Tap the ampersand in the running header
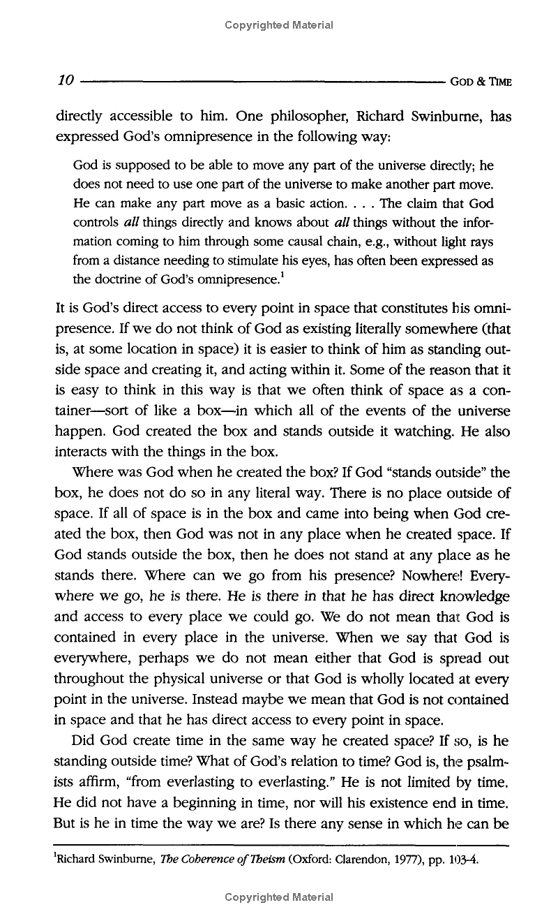pos(481,81)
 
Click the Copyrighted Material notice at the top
pos(279,25)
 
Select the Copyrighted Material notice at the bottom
pos(279,897)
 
